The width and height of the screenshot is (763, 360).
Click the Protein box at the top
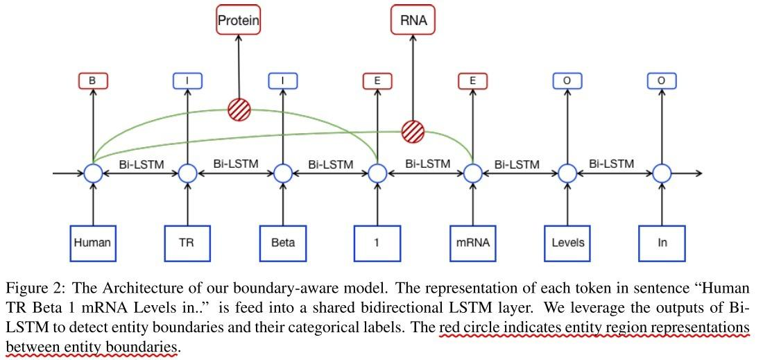[238, 21]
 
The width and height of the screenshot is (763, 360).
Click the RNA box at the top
[413, 21]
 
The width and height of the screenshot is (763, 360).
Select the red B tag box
[92, 81]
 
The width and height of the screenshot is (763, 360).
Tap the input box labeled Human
[92, 243]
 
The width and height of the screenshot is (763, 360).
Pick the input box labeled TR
[187, 243]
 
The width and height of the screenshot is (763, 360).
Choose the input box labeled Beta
[282, 243]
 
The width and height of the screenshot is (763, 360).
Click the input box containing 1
[377, 243]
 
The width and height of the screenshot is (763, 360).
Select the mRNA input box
[472, 243]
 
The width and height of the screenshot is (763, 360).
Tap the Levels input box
[567, 243]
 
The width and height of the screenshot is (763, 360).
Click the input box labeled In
[662, 243]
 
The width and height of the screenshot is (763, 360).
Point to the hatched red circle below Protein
[239, 110]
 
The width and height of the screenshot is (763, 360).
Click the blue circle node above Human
[92, 173]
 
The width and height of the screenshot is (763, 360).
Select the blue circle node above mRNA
[472, 173]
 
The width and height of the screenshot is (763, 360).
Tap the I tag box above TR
[187, 81]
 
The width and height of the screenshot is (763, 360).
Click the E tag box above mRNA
[472, 81]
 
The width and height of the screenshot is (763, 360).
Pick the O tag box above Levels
[567, 81]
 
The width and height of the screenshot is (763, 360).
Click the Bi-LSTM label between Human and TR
[140, 164]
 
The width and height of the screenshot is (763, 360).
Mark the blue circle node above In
[662, 173]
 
